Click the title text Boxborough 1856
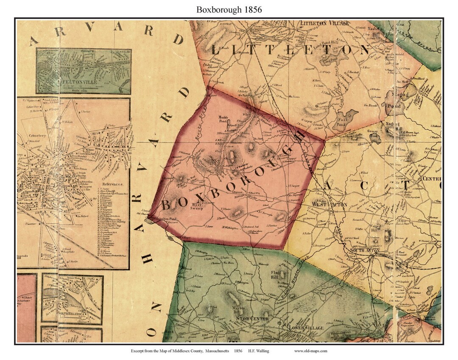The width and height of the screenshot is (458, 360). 229,9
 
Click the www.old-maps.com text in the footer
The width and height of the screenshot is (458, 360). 310,351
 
